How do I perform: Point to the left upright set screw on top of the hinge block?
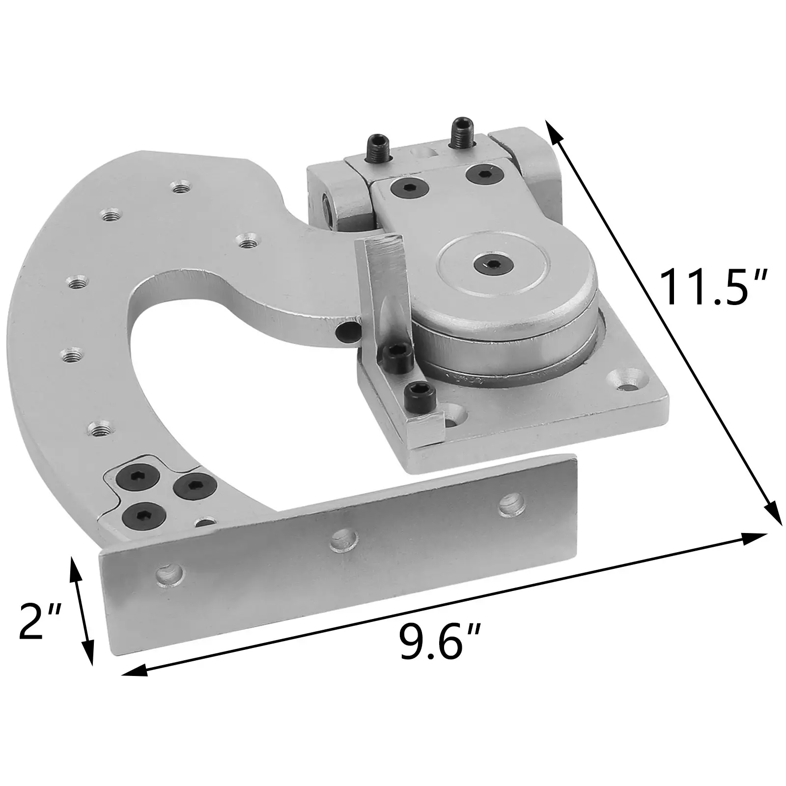coord(377,148)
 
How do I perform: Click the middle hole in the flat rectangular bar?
coord(342,541)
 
